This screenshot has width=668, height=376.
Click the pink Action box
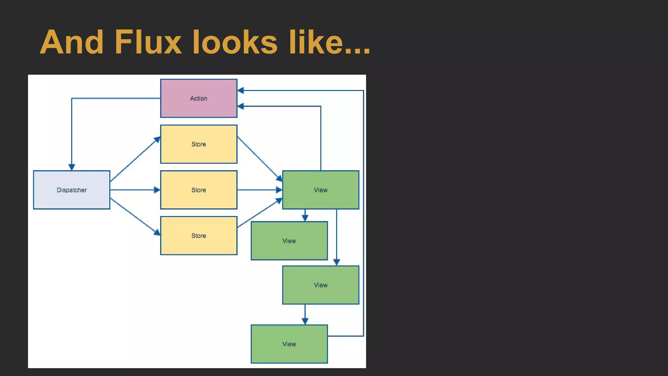(199, 98)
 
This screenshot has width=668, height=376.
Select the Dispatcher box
(71, 190)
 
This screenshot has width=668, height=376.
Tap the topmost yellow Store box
(199, 144)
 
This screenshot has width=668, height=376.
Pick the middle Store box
(199, 190)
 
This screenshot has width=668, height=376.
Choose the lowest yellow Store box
(199, 235)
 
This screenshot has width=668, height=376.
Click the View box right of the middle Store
(321, 190)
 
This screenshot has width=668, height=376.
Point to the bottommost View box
(289, 344)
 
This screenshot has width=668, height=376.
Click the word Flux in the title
(148, 42)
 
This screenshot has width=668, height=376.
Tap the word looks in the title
(235, 42)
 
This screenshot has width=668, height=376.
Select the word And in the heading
(71, 42)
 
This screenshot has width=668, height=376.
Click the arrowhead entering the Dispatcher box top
(72, 167)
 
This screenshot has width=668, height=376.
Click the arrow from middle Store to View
(260, 190)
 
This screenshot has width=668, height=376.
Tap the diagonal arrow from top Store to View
(260, 159)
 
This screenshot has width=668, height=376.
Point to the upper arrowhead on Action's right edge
(241, 90)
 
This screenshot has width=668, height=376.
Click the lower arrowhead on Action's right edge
(241, 106)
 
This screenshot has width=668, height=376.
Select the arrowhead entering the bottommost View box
(305, 321)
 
